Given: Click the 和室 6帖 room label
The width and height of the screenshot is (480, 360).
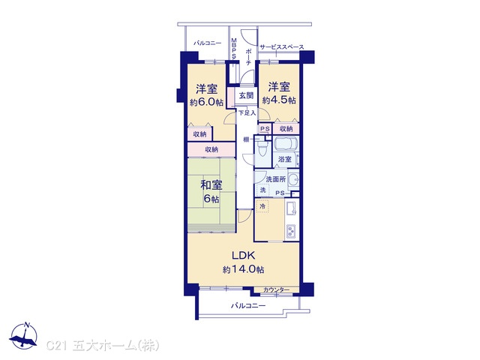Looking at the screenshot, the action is [211, 192].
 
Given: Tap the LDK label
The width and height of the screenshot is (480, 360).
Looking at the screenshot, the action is [243, 255].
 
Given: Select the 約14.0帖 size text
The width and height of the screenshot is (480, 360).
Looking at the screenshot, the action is [243, 270].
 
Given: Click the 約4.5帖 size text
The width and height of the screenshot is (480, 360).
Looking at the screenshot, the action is [279, 100].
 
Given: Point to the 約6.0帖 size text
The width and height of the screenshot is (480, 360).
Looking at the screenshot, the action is [206, 103].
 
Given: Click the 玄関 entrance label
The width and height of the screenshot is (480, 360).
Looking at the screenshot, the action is [246, 95].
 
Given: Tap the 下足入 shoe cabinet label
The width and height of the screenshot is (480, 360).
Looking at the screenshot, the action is [247, 113].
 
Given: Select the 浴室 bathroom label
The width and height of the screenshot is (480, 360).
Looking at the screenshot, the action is [285, 159].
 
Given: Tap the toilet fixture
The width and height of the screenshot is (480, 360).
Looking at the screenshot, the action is [262, 149].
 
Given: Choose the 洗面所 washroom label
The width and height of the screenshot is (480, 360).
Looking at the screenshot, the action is [276, 179].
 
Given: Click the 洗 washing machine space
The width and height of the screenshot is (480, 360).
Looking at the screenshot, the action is [263, 190].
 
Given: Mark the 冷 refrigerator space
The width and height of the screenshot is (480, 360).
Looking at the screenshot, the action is [262, 206].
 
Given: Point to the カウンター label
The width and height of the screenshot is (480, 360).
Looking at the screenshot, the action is [276, 289].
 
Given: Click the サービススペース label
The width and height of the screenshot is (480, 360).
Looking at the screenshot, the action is [282, 46].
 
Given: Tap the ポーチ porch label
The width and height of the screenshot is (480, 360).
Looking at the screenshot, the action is [248, 57].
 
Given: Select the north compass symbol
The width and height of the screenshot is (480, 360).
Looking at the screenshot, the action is [23, 336].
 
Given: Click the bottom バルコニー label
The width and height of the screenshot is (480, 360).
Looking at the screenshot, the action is [248, 305].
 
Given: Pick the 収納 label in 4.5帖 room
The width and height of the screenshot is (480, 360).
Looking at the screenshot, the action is [286, 129].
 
